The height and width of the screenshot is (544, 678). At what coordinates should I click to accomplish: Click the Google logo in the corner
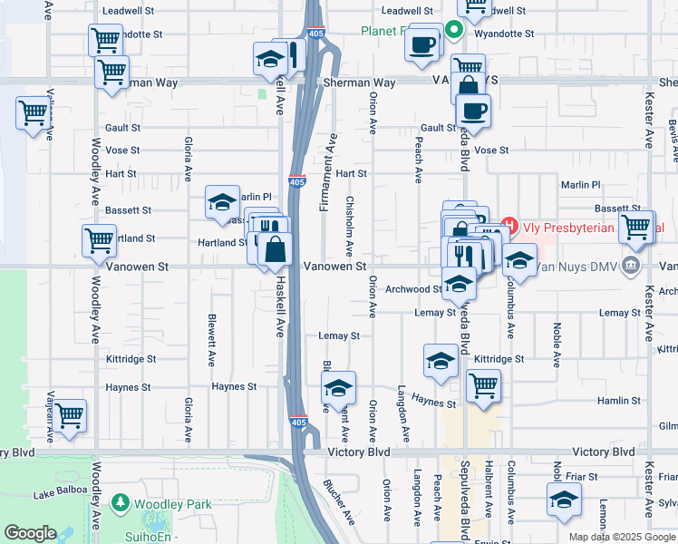point(30,533)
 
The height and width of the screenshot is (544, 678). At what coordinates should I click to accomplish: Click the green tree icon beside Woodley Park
point(120,503)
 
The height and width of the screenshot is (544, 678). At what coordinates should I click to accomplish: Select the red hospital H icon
point(509,226)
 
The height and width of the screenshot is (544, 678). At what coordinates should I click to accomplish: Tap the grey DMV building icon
point(633,266)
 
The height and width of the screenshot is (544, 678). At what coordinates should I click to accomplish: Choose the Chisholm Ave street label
point(349,227)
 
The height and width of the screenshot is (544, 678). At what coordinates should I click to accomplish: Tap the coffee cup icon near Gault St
point(472,112)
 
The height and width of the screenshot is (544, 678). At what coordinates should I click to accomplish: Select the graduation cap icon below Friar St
point(564,500)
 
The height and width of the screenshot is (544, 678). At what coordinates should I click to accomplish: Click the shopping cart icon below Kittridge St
point(483,385)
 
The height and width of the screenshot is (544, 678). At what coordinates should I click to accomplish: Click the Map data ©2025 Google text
point(620,537)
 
